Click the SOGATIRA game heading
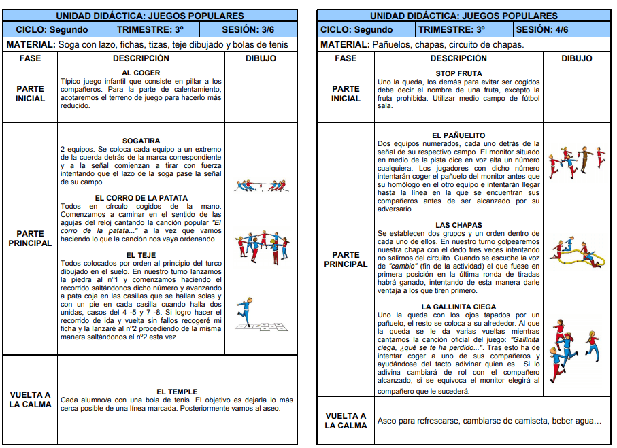[x=141, y=141]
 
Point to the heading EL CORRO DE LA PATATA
[x=141, y=198]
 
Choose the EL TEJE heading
[x=141, y=255]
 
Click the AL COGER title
[x=141, y=73]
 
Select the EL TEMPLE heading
[x=177, y=392]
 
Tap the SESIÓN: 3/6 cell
[x=248, y=29]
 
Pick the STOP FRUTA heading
[x=458, y=73]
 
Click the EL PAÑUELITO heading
[x=458, y=135]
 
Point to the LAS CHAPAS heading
[x=458, y=225]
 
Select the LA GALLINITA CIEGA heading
[x=458, y=307]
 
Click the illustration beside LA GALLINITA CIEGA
[x=571, y=350]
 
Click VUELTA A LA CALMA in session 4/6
[x=346, y=421]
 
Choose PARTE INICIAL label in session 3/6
[x=30, y=93]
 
